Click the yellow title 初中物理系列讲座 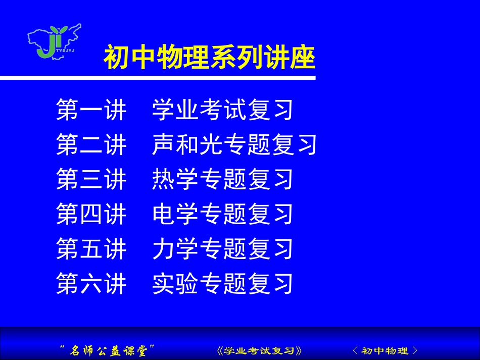pyautogui.click(x=209, y=58)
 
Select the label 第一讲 pyautogui.click(x=91, y=110)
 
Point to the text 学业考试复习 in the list pyautogui.click(x=223, y=110)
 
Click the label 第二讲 pyautogui.click(x=91, y=145)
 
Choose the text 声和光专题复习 pyautogui.click(x=234, y=145)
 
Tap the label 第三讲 pyautogui.click(x=91, y=180)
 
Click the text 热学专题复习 pyautogui.click(x=223, y=180)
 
